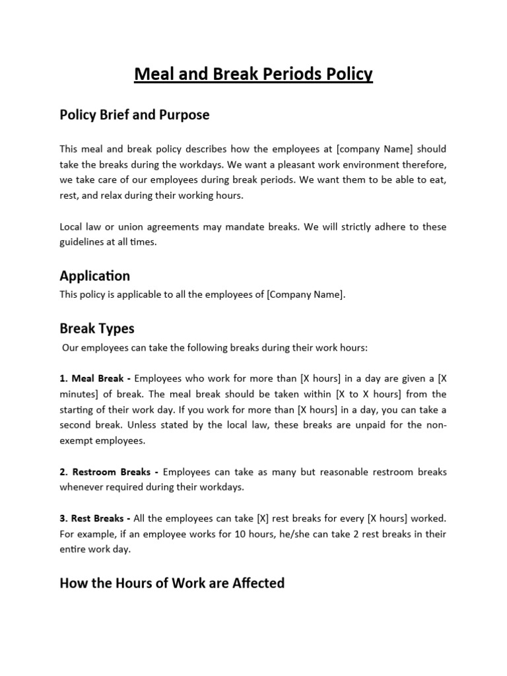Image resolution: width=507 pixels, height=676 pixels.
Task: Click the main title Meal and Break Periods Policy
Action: [253, 74]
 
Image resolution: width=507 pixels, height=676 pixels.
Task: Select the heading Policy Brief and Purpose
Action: [135, 115]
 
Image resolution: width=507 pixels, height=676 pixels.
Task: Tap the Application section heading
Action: [94, 275]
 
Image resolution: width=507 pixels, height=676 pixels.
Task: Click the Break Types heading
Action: [97, 328]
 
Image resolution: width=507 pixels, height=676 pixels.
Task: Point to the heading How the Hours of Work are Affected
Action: [172, 583]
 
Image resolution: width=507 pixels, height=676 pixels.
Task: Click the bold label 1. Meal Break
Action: [96, 378]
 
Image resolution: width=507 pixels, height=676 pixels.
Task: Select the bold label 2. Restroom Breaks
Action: [110, 472]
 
